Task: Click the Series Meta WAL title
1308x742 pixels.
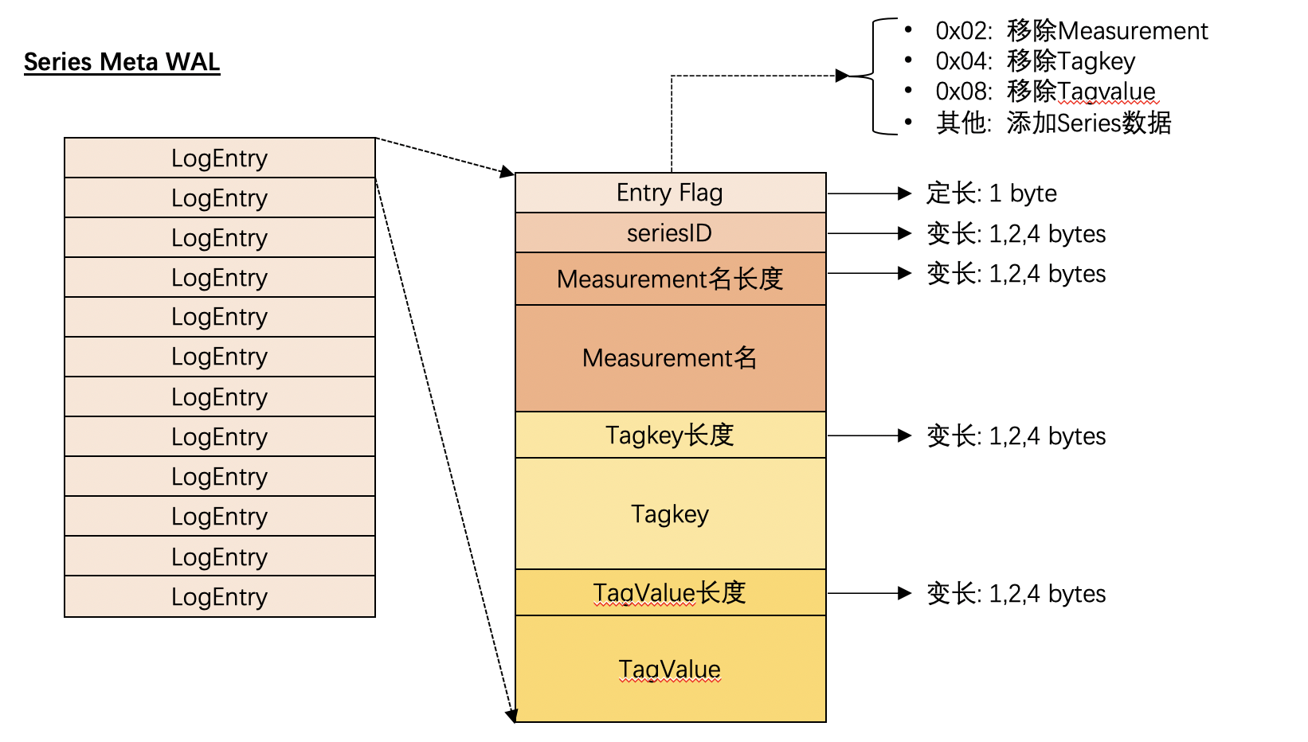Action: coord(122,62)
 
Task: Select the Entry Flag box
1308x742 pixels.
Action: coord(671,193)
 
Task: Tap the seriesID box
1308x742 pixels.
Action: coord(671,233)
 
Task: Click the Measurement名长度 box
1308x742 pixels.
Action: coord(671,279)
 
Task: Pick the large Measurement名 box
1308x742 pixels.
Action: coord(671,358)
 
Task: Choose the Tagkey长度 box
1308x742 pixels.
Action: coord(671,435)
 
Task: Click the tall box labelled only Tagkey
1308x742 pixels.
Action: coord(671,514)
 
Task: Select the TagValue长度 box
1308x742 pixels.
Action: coord(671,592)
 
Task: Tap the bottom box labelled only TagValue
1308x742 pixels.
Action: coord(671,669)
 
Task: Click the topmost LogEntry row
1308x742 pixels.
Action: coord(220,158)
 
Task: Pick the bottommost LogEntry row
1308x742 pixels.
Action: coord(220,596)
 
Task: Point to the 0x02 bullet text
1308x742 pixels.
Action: coord(1071,31)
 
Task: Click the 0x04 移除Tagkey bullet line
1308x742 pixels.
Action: coord(1036,61)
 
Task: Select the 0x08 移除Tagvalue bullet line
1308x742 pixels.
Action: coord(1045,91)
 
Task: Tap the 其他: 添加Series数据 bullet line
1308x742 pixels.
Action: coord(1053,123)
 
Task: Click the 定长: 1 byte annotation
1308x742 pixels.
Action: coord(992,193)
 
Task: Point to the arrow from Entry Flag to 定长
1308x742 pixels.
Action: coord(869,193)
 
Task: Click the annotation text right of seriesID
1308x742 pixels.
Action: coord(1016,234)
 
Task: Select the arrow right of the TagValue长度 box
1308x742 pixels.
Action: coord(869,593)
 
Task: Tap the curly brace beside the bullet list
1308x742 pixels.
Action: coord(873,76)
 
